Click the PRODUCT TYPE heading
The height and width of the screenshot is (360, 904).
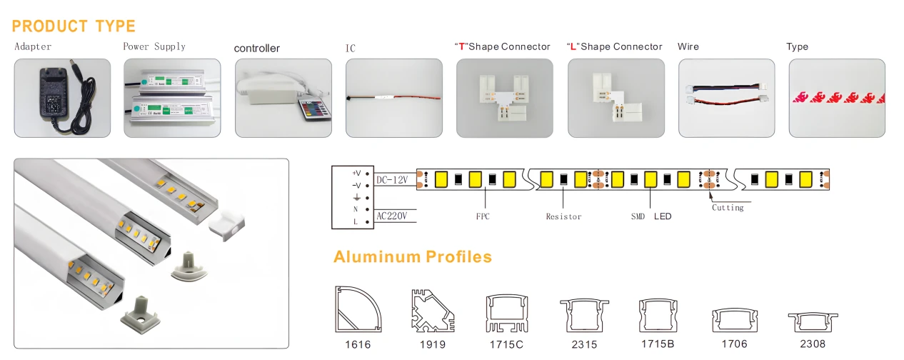coord(74,26)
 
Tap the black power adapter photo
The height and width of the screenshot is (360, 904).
coord(62,98)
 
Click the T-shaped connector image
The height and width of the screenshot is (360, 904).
coord(504,98)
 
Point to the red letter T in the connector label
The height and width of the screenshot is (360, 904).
coord(462,47)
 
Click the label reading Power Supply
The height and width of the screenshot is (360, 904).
coord(154,47)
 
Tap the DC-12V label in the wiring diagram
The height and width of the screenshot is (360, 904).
coord(392,179)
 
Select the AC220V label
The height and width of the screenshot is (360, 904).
coord(391,216)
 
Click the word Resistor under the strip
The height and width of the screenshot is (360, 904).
coord(563,216)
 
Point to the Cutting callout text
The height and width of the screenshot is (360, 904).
coord(728,208)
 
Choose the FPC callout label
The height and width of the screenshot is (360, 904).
coord(483,216)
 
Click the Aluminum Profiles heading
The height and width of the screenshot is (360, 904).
coord(413,256)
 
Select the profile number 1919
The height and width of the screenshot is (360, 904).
coord(433,345)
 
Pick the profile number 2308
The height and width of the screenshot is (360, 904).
coord(813,344)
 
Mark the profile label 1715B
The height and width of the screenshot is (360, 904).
coord(658,344)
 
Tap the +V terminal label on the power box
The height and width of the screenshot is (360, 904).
coord(356,173)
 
